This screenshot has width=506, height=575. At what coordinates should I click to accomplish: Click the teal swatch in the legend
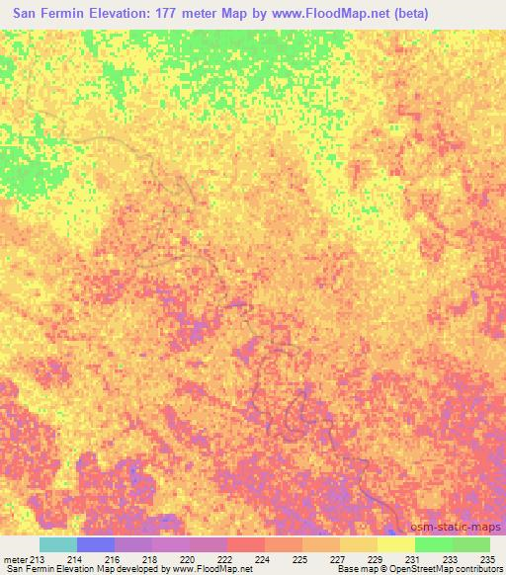[57, 544]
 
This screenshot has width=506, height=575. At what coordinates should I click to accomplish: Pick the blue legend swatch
[96, 544]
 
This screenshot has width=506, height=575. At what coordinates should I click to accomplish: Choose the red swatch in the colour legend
[246, 544]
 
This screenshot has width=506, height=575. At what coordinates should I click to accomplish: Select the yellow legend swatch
[396, 544]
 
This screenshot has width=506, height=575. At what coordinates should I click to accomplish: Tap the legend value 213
[38, 559]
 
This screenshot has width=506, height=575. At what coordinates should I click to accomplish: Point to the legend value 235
[485, 559]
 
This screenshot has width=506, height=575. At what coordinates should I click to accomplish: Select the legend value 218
[148, 559]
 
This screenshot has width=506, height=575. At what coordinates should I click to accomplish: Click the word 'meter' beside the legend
[16, 559]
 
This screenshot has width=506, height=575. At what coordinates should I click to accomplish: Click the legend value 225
[297, 559]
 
